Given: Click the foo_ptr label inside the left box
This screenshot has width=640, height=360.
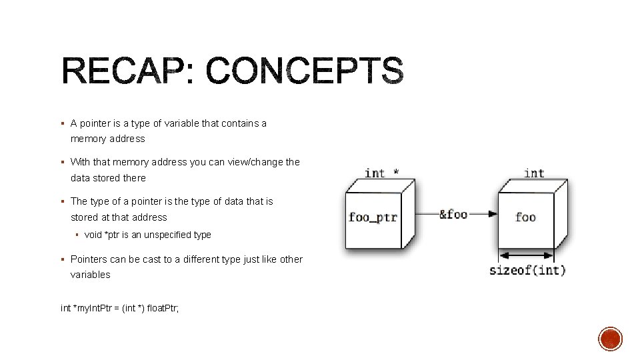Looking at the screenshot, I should [x=373, y=217].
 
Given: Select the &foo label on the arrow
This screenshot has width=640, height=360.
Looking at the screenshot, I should [x=453, y=214].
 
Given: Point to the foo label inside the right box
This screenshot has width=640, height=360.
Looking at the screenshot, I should [x=525, y=217].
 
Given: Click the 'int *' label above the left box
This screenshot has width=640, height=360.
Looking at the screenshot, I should [x=382, y=173].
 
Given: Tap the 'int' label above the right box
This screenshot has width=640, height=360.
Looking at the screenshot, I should [x=534, y=173].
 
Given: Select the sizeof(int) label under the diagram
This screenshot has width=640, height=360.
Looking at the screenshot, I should [x=527, y=270].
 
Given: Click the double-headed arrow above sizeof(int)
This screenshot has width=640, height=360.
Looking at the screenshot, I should [x=526, y=255].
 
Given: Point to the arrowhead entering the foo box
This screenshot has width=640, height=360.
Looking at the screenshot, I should [x=492, y=214].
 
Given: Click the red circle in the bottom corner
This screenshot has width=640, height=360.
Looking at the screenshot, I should [x=610, y=339].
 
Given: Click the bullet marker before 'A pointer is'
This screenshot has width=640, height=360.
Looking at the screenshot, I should [x=61, y=123].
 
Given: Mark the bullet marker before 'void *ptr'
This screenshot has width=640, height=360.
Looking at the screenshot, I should [x=77, y=235].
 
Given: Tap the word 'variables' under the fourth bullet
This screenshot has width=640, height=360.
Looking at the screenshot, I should [x=91, y=275].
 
